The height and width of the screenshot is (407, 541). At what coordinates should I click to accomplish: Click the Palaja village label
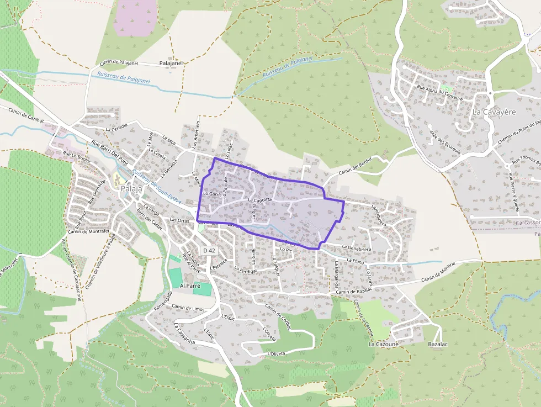tap(131, 188)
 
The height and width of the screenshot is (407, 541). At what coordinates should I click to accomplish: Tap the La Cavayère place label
tap(494, 112)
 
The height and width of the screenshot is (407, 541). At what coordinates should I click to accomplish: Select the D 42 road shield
tap(209, 250)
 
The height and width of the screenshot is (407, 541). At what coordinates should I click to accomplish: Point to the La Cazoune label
tap(383, 343)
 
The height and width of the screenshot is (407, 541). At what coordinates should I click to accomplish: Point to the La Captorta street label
tap(260, 200)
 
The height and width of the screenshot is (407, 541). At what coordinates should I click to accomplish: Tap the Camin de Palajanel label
tap(118, 63)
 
